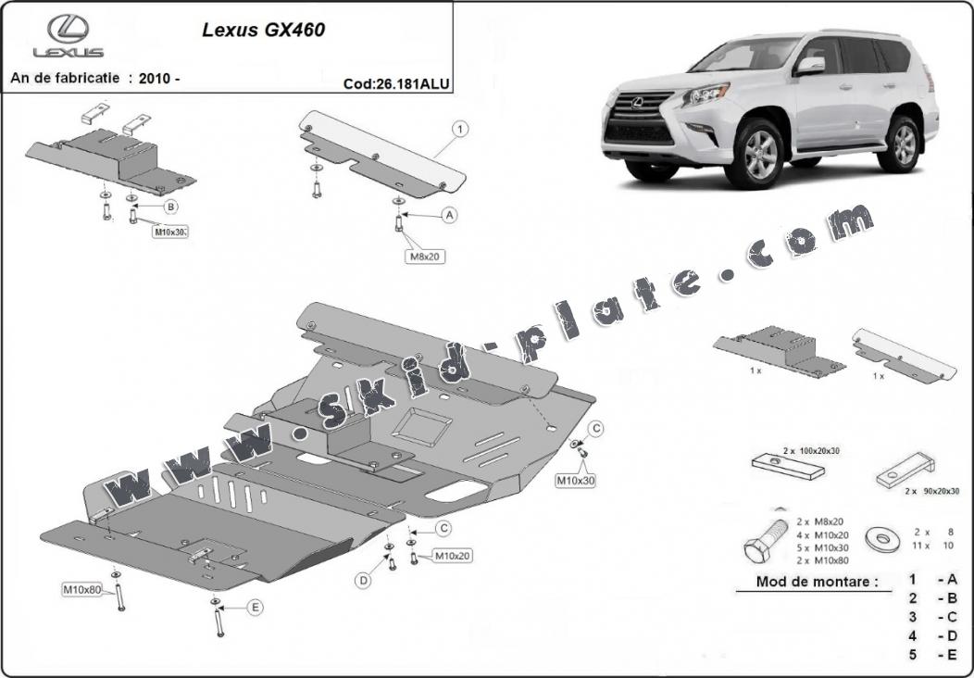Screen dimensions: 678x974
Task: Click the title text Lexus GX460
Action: tap(263, 30)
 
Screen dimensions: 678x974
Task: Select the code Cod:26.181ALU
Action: tap(396, 82)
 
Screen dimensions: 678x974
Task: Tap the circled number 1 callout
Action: tap(460, 130)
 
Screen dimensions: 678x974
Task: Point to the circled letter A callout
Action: tap(450, 215)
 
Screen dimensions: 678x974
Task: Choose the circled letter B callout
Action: tap(170, 206)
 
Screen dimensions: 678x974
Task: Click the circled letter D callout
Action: tap(363, 581)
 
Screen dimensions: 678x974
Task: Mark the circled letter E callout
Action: tap(255, 608)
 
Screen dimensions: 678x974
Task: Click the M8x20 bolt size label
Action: tap(425, 256)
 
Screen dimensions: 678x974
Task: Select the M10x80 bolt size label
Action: tap(81, 589)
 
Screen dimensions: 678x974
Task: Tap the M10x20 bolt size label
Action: tap(453, 556)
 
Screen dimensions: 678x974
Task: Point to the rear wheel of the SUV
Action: tap(900, 144)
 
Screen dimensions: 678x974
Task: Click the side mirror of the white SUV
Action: tap(810, 65)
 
